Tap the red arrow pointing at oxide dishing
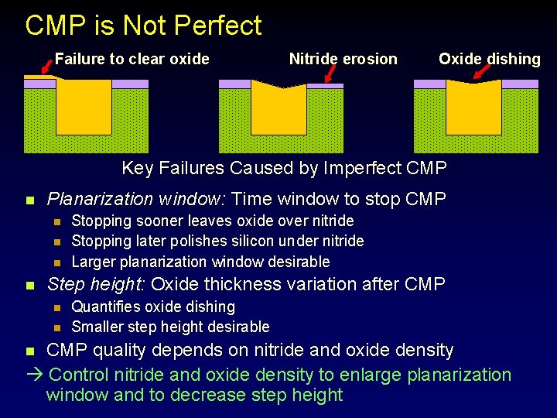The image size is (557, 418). click(x=484, y=72)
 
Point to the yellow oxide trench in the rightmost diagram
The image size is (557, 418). click(x=473, y=108)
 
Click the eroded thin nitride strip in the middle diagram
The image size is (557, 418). click(x=325, y=85)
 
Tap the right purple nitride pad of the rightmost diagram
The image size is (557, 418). click(x=520, y=84)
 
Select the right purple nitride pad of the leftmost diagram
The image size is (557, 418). click(x=130, y=84)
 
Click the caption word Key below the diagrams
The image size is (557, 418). click(x=138, y=168)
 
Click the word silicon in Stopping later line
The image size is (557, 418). click(x=278, y=241)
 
